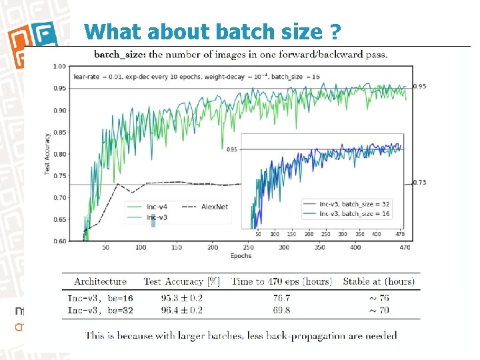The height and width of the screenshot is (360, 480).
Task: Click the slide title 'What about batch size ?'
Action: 213,31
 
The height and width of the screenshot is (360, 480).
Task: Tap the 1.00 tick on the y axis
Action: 59,67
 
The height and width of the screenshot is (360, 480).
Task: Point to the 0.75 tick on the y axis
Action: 59,176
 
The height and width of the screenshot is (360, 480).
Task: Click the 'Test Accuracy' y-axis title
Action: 47,153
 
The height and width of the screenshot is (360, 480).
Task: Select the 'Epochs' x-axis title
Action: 241,256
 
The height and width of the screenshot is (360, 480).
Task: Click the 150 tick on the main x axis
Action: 177,247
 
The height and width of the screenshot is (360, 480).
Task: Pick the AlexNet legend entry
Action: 214,207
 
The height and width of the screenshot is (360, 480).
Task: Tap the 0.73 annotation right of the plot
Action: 419,182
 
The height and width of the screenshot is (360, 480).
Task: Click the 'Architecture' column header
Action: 100,281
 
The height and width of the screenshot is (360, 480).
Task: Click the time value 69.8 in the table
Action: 281,310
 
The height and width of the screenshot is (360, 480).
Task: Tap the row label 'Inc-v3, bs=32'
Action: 100,310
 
